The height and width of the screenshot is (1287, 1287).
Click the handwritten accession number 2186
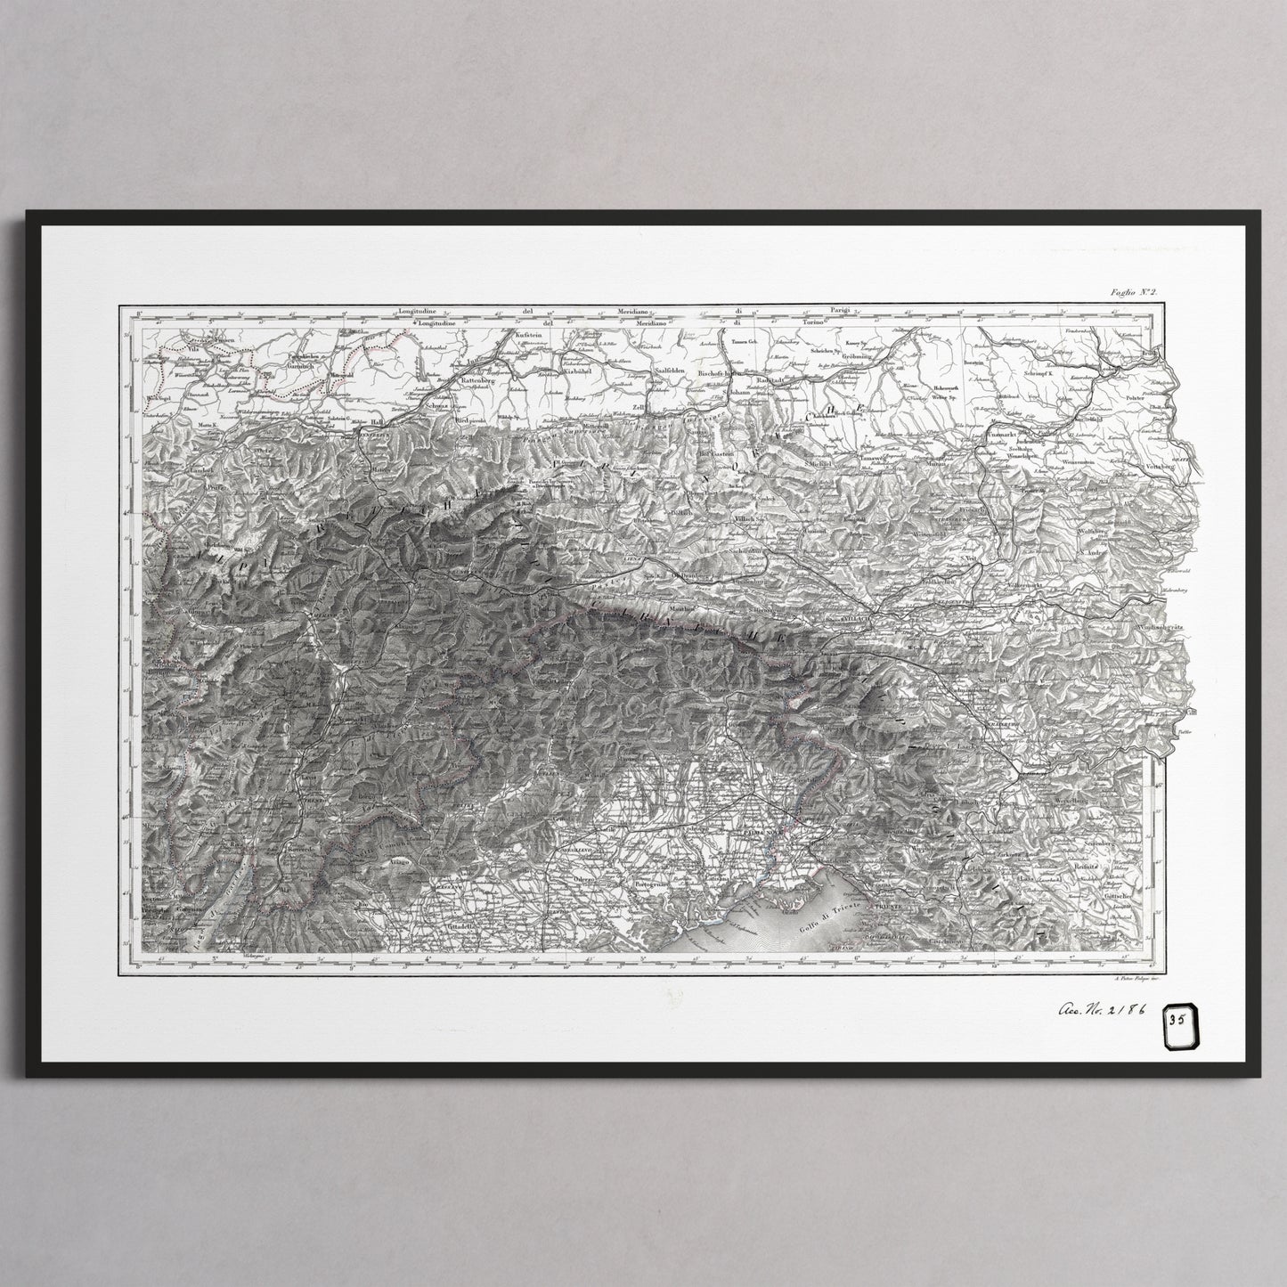point(1100,1011)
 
